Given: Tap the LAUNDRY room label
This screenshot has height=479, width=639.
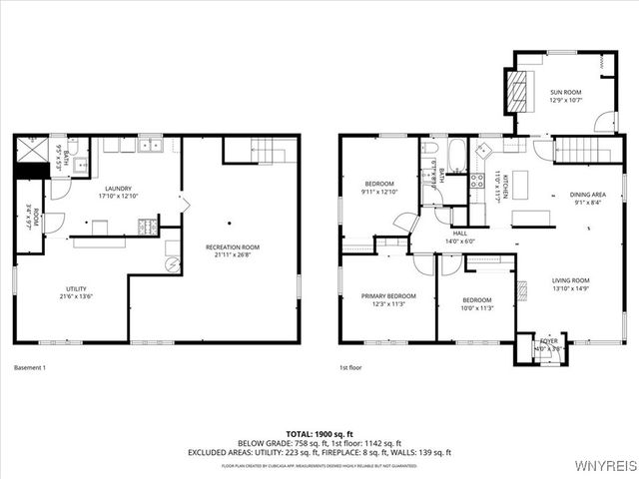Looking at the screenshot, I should tap(119, 191).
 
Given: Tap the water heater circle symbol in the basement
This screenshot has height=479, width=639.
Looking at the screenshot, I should tap(171, 263).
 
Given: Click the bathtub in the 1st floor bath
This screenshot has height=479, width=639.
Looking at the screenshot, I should tap(457, 155).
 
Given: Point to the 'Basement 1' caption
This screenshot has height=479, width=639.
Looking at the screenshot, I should tap(30, 368).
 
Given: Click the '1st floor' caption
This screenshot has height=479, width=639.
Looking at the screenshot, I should tap(351, 368).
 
